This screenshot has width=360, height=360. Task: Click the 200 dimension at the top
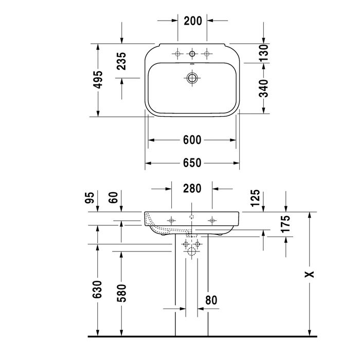coord(193,21)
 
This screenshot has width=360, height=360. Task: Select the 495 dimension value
coord(98,80)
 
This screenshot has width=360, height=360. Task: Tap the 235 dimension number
coord(121,61)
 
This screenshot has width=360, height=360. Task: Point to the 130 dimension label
coord(263,53)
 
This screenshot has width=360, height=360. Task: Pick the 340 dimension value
coord(263,88)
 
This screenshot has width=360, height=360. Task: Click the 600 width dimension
coord(192,140)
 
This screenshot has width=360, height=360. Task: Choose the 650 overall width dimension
coord(192,163)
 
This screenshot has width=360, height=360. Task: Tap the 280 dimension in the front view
coord(192,189)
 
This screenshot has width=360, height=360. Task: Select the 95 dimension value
coord(90,197)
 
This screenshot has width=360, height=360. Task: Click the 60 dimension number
coord(114,197)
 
